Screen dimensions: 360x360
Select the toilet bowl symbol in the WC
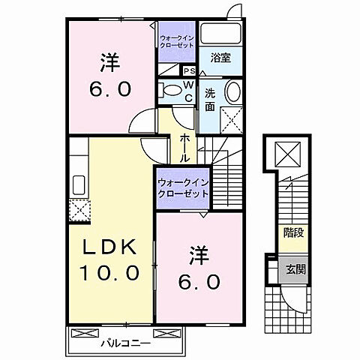[x=172, y=94]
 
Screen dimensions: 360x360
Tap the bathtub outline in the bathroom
[x=220, y=34]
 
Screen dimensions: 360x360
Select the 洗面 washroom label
[x=211, y=100]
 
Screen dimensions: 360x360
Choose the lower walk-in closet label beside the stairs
[x=182, y=187]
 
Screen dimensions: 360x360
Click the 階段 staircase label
[x=293, y=232]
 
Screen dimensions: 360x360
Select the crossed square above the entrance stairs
[x=288, y=156]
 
